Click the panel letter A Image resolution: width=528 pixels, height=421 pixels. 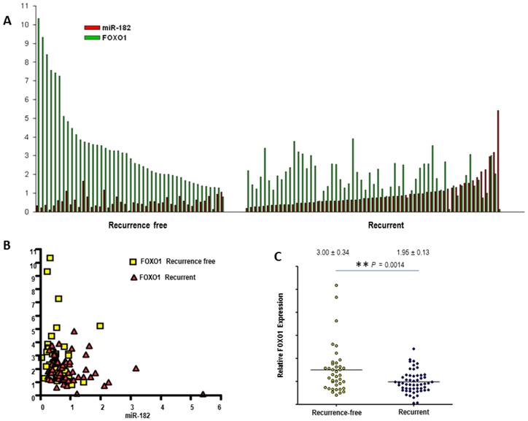[x=8, y=21]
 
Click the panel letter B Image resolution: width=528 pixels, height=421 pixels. [x=7, y=246]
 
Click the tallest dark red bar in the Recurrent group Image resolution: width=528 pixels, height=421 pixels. [x=498, y=161]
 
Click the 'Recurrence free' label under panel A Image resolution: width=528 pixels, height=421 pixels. [x=138, y=225]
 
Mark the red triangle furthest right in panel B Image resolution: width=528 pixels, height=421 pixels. [x=203, y=394]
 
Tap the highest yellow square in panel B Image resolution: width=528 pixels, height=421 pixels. [x=50, y=258]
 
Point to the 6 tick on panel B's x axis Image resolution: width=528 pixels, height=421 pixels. [x=220, y=406]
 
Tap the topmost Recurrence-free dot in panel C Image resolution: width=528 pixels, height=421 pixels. [x=336, y=285]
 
